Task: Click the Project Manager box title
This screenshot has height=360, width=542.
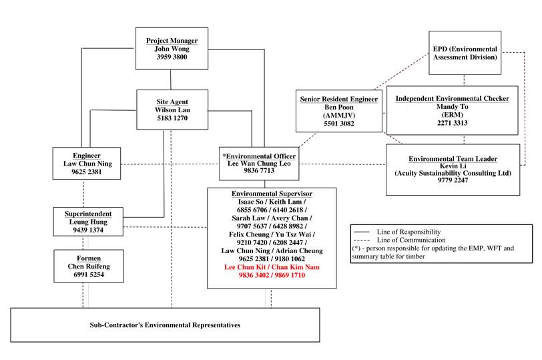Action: pos(172,41)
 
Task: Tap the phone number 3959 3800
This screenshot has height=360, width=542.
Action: pos(172,58)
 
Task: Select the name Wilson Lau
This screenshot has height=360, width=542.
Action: pos(172,110)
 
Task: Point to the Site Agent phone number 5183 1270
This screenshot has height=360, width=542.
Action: pos(172,118)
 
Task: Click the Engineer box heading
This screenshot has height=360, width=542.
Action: pos(87,155)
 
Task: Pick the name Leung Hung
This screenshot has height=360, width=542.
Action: pos(87,222)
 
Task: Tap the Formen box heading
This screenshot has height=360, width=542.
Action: pos(87,256)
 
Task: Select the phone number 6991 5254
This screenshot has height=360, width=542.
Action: pos(87,274)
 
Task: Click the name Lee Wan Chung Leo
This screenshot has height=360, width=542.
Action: pos(259,163)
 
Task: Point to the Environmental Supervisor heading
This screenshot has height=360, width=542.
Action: pos(272,193)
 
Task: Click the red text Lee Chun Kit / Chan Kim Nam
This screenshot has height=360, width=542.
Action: pos(272,267)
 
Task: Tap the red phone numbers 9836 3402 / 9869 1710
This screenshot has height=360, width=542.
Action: pos(272,275)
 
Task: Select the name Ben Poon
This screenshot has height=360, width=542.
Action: pos(338,108)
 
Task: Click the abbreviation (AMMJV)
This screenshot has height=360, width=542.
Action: pos(338,116)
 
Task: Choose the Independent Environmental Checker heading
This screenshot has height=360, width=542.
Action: pos(452,99)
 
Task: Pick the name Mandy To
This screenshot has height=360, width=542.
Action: pos(452,107)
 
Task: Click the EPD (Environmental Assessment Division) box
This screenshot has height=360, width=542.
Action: pos(465,53)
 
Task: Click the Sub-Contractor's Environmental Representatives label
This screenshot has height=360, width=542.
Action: pos(165,325)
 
